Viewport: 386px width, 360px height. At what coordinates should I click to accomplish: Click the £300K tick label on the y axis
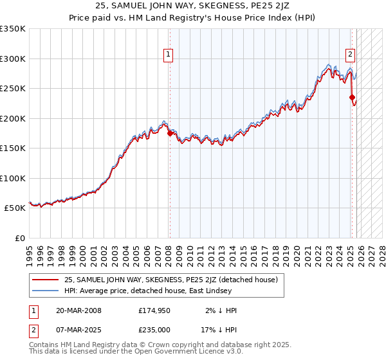13,59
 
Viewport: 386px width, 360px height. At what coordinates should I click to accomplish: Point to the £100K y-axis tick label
13,178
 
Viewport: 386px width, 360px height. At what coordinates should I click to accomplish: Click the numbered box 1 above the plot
168,55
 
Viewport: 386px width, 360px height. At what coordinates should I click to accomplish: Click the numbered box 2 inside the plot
351,55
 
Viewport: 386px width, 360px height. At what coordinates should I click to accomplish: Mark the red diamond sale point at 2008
170,134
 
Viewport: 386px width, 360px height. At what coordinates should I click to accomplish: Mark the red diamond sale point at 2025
353,98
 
